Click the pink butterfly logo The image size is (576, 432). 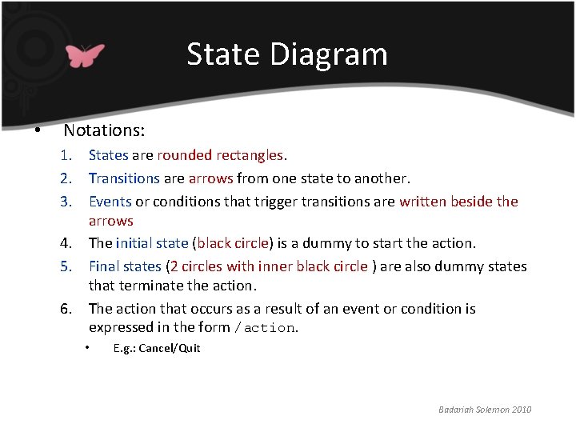click(85, 54)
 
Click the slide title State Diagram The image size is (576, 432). click(287, 54)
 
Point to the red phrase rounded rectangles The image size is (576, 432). click(220, 155)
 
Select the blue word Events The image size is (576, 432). click(110, 202)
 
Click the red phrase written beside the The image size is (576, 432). click(458, 202)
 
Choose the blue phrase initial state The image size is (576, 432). click(152, 243)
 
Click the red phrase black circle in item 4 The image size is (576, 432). click(233, 243)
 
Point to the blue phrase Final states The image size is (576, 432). click(125, 266)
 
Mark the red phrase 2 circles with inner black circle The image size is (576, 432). click(269, 266)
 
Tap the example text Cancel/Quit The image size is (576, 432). click(169, 348)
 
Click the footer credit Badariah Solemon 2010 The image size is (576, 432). click(485, 410)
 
